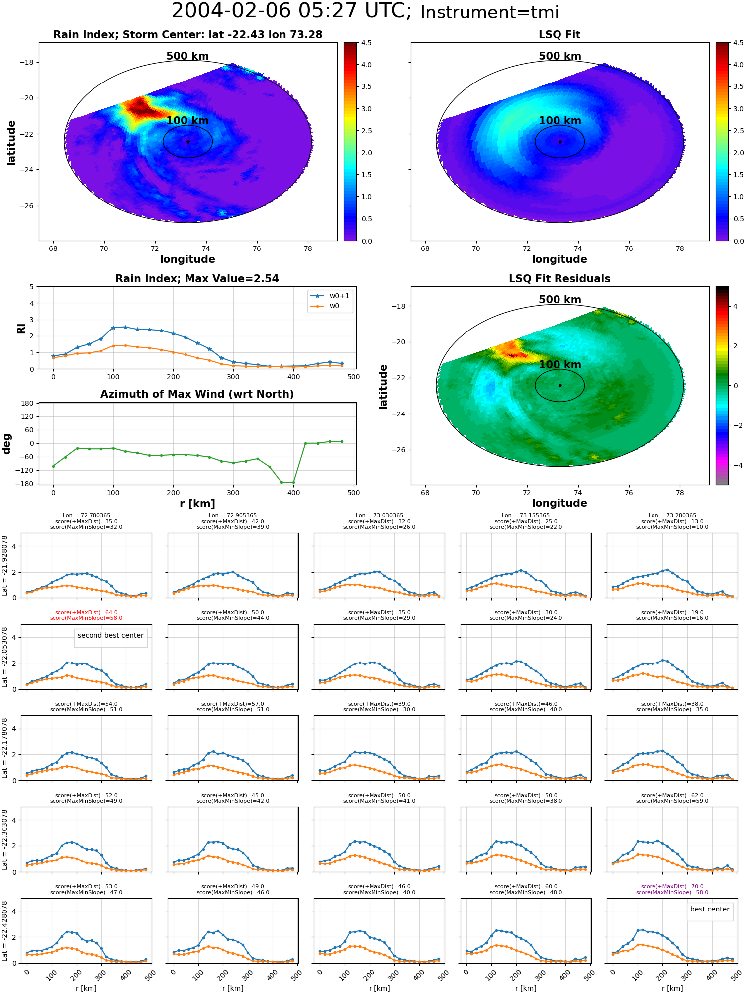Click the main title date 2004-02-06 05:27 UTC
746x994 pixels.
click(291, 11)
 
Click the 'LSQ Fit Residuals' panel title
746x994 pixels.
click(559, 279)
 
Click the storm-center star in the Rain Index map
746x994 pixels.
click(188, 142)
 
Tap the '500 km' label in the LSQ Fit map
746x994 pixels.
click(560, 56)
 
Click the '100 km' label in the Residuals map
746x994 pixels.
click(560, 365)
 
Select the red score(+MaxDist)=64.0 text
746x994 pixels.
click(87, 612)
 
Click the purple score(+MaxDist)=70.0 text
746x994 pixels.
click(672, 886)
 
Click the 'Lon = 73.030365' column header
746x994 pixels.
click(379, 515)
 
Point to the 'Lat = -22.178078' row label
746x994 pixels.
click(4, 747)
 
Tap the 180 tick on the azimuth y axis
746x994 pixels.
click(27, 403)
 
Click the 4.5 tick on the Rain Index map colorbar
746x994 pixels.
click(366, 43)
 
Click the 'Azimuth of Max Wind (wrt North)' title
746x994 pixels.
click(197, 394)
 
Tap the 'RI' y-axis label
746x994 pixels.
click(21, 329)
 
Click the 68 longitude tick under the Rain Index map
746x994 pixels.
click(53, 248)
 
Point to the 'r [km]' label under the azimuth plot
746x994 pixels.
click(197, 504)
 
